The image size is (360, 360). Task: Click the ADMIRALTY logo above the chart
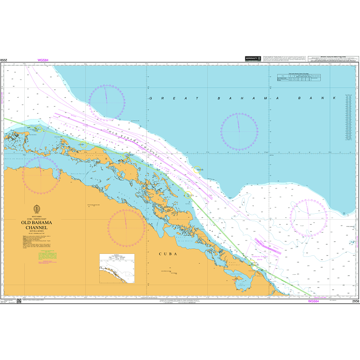point(253,59)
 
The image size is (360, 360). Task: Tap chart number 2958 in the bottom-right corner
point(355,301)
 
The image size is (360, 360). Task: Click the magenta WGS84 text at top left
point(43,60)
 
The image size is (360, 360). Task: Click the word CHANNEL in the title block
point(36,229)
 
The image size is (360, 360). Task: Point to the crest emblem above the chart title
point(36,209)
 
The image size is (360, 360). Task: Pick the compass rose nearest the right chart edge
point(308,217)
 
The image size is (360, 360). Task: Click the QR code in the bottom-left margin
point(19,300)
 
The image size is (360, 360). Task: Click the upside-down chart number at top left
point(4,60)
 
